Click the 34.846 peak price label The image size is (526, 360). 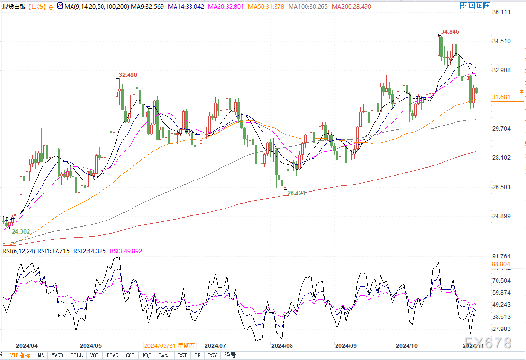(x=450, y=32)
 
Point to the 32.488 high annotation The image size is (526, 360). (x=128, y=75)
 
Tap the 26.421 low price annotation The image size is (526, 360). (x=297, y=193)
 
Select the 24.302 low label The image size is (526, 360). (x=21, y=232)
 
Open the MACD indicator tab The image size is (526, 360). (x=58, y=355)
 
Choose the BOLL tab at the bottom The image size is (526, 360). (x=76, y=355)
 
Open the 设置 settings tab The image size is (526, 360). (x=230, y=355)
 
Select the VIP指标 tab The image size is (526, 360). (x=20, y=355)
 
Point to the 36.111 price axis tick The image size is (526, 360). (x=501, y=12)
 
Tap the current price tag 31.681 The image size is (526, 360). (x=501, y=97)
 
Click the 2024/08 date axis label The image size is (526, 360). (x=282, y=346)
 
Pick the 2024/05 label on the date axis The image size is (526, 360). (x=90, y=346)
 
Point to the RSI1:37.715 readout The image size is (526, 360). (x=54, y=251)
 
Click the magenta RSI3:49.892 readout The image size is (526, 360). (x=126, y=251)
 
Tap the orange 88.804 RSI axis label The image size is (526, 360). (x=501, y=264)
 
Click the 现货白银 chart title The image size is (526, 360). (x=14, y=6)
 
